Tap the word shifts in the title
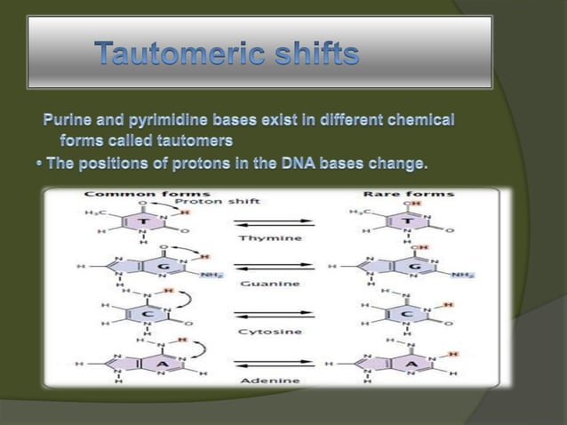308,55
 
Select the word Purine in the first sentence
69,119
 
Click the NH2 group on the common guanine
211,276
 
